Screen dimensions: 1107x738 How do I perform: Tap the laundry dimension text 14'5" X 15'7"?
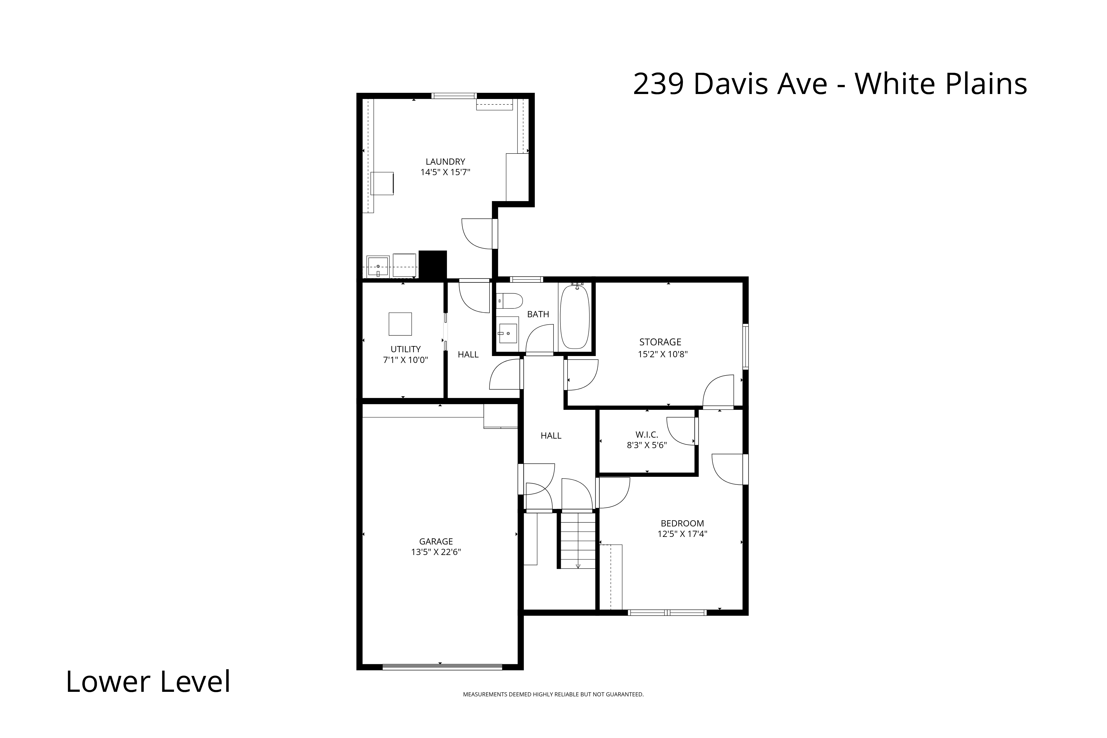click(x=445, y=172)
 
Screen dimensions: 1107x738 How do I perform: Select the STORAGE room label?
click(x=660, y=342)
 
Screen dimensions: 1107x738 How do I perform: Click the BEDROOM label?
click(x=682, y=523)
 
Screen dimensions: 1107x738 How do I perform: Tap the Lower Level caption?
click(x=148, y=682)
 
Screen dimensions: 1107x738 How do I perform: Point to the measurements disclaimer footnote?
click(x=553, y=694)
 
